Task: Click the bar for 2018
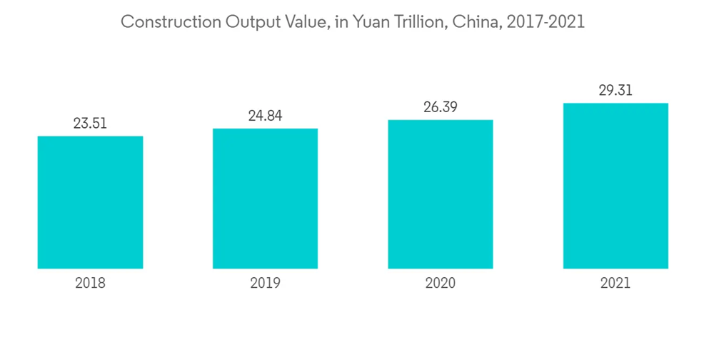point(90,202)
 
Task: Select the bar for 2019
point(265,199)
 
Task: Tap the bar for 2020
point(440,194)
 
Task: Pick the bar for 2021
point(615,186)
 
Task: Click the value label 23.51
point(90,124)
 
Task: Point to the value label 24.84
point(265,116)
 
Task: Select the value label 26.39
point(440,107)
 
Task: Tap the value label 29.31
point(615,91)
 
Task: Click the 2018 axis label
point(90,284)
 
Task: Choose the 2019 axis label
point(265,284)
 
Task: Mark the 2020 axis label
point(440,284)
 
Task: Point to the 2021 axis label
point(615,284)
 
